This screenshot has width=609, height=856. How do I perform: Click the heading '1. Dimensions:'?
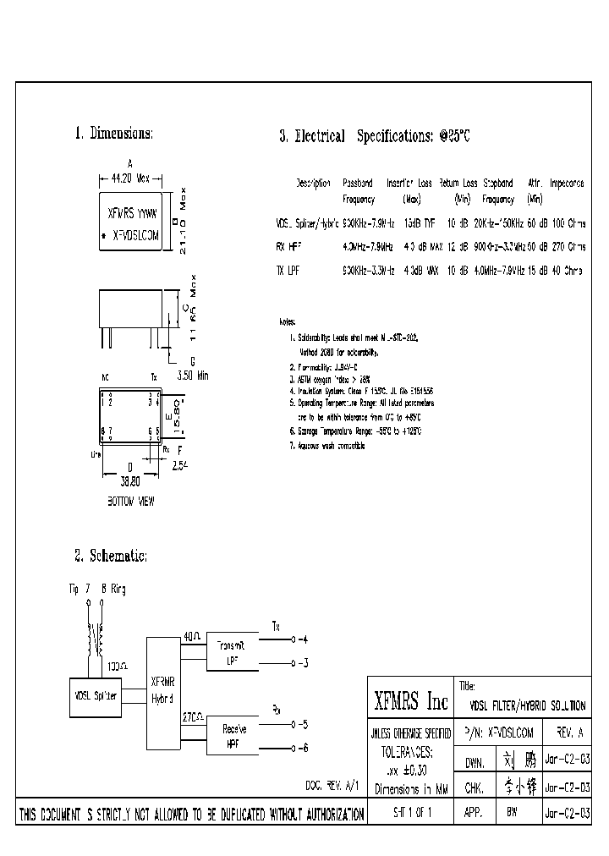[113, 134]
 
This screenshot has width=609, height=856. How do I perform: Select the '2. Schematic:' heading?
[111, 556]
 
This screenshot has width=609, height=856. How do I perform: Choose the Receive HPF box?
[233, 736]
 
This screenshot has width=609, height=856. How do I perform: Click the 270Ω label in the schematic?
[192, 716]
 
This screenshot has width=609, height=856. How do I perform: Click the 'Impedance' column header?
[567, 183]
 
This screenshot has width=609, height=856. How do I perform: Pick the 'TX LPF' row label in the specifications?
[289, 269]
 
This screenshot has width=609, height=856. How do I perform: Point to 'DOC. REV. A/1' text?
[332, 786]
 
